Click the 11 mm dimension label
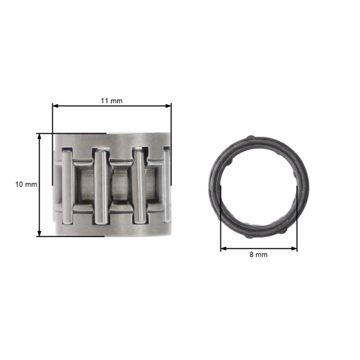[111, 100]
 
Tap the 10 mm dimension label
[26, 184]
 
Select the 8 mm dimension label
[259, 254]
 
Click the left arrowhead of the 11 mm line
[56, 106]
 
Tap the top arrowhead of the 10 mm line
[40, 136]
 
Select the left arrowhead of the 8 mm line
[224, 247]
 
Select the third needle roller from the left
[139, 186]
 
